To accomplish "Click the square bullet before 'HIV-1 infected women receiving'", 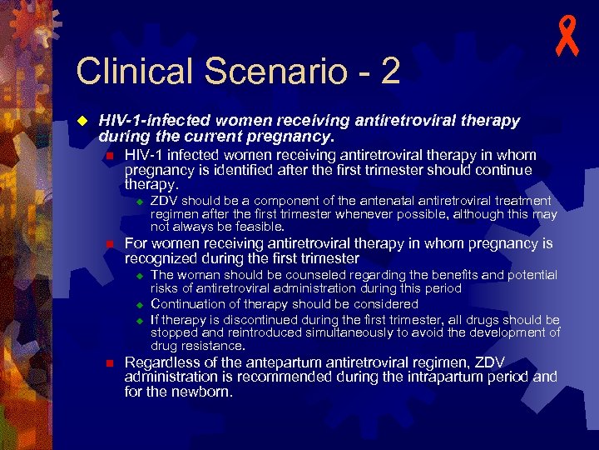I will [x=109, y=157].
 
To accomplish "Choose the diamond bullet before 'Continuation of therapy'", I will [x=141, y=305].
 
